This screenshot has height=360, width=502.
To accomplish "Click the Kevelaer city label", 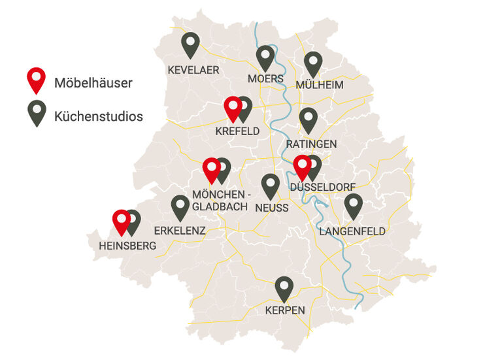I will point(193,70).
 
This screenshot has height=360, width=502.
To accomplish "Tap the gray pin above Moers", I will point(265,57).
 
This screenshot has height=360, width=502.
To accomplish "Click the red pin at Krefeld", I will point(233,108).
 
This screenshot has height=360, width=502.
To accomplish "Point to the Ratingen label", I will point(312,144).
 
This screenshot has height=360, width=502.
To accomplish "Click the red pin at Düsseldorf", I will point(301,167).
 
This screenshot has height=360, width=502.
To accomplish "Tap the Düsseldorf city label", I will point(322,187).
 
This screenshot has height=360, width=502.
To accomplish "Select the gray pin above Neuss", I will point(271,185).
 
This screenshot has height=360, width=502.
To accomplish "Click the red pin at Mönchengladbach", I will point(211,169).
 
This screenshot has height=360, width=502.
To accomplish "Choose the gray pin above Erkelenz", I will point(180,206).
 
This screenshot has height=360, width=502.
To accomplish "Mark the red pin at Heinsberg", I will point(121,221).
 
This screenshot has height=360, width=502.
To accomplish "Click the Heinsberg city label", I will point(127,246).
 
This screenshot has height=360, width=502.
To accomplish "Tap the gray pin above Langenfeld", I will point(353,205).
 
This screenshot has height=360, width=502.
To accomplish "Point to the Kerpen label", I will point(285,310).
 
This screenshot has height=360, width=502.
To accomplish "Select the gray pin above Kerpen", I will point(284,287).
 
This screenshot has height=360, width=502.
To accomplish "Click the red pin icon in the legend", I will point(37,79).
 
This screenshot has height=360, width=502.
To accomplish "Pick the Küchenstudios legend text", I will point(99,117).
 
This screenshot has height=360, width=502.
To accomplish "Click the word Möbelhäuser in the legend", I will point(93,83).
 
